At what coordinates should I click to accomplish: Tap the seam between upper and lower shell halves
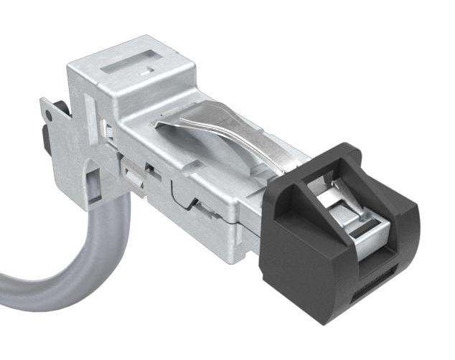click(x=215, y=219)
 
